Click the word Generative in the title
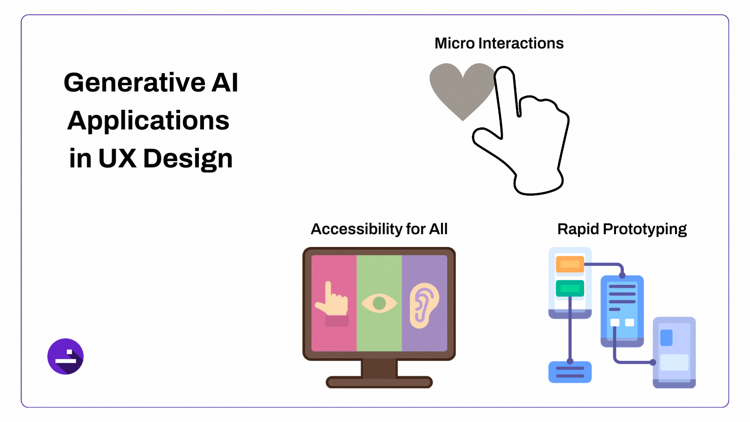(x=134, y=82)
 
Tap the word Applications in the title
(x=148, y=120)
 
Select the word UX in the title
(x=117, y=158)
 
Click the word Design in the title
(x=188, y=158)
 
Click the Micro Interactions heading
(x=499, y=43)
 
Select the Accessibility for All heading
(x=379, y=229)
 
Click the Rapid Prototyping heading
(x=622, y=229)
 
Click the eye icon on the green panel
(x=379, y=303)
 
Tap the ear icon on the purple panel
(x=423, y=305)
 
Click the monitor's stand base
(x=379, y=381)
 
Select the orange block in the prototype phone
(x=570, y=265)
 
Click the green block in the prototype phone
(x=570, y=288)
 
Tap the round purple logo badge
(x=66, y=356)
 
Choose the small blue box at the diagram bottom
(x=570, y=372)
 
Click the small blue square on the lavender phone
(x=666, y=338)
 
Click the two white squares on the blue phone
(x=622, y=322)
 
